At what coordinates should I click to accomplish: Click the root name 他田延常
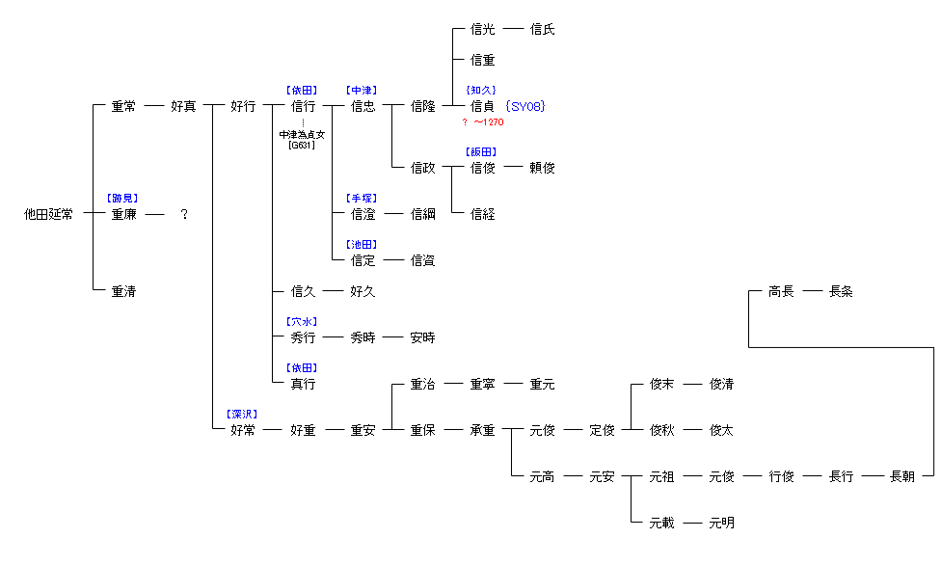coord(48,214)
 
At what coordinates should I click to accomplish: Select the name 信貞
coord(482,106)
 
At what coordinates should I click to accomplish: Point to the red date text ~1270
coord(488,122)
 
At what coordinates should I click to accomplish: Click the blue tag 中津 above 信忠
coord(363,90)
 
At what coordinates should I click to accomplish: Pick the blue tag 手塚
coord(363,198)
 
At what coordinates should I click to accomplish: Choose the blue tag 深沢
coord(242,414)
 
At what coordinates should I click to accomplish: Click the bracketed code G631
coord(302,146)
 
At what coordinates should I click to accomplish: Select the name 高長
coord(781,291)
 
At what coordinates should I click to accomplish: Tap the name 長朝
coord(901,476)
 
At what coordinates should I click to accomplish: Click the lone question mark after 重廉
coord(183,214)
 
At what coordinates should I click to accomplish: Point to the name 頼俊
coord(542,168)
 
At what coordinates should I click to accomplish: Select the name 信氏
coord(542,29)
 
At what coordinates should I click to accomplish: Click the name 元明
coord(721,523)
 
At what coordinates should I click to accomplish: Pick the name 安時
coord(422,337)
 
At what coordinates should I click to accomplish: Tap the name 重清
coord(123,291)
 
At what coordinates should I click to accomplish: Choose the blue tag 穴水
coord(302,321)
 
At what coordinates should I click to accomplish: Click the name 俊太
coord(721,430)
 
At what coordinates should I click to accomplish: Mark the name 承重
coord(482,430)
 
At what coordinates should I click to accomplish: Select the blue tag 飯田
coord(482,151)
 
